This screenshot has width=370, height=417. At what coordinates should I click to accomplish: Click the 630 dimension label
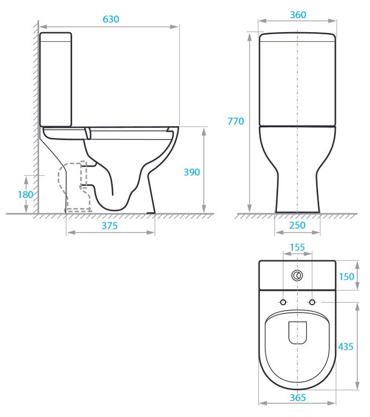tap(110, 19)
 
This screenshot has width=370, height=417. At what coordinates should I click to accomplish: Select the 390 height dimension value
tap(191, 172)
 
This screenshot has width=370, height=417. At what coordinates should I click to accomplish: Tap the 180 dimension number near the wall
tap(25, 195)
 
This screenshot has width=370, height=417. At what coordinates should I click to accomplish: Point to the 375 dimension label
tap(109, 226)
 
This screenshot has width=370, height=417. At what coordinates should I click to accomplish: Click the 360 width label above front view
tap(298, 15)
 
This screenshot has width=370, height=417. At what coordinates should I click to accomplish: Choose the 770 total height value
tap(235, 121)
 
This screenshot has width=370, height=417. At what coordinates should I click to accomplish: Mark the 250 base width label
tap(297, 226)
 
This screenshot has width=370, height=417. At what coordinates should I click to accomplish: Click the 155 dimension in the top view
tap(297, 248)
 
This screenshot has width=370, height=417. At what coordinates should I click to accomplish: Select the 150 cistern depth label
tap(346, 276)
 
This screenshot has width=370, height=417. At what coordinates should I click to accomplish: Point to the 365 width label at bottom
tap(298, 398)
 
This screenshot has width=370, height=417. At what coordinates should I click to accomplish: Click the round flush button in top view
tap(297, 276)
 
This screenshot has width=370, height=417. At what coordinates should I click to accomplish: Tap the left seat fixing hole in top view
tap(283, 302)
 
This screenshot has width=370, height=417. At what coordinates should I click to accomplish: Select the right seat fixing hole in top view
tap(312, 302)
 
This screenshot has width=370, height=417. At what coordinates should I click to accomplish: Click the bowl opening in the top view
tap(297, 333)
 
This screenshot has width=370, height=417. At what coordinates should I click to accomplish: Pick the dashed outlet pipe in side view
tap(75, 187)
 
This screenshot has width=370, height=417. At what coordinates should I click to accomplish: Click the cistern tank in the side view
tap(56, 80)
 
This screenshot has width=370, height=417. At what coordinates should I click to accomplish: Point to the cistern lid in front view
tap(297, 37)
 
